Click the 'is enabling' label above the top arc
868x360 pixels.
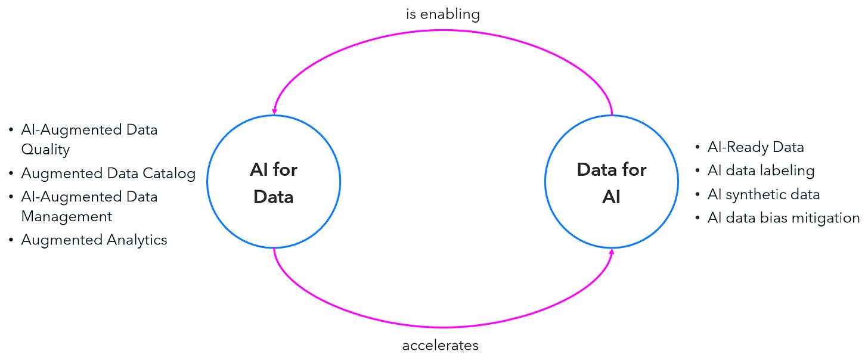pos(443,14)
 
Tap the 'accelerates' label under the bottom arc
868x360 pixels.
pos(441,345)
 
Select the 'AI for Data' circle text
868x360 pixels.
pos(274,183)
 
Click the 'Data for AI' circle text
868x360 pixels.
pos(612,183)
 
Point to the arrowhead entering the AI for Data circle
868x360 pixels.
pos(274,111)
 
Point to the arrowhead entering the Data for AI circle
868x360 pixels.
pos(612,253)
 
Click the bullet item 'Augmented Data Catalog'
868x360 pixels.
pos(108,173)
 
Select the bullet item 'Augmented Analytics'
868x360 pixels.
pos(94,240)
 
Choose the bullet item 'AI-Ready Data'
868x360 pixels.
pos(755,147)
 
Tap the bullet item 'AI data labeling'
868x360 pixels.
pos(761,170)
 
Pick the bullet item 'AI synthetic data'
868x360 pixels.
pos(763,194)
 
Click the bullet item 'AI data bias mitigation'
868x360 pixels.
pos(783,218)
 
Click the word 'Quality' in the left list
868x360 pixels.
pos(45,150)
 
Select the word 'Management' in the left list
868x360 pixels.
pos(67,216)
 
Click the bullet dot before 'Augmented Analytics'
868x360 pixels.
pos(11,240)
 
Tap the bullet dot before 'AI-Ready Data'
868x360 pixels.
pos(697,147)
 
